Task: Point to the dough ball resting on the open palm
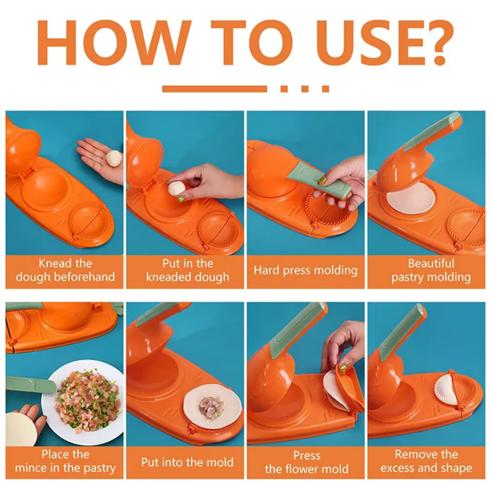114,158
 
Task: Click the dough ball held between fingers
176,189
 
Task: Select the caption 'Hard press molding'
305,270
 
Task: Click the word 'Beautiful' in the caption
431,263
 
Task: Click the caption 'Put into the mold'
187,462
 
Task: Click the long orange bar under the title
214,89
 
